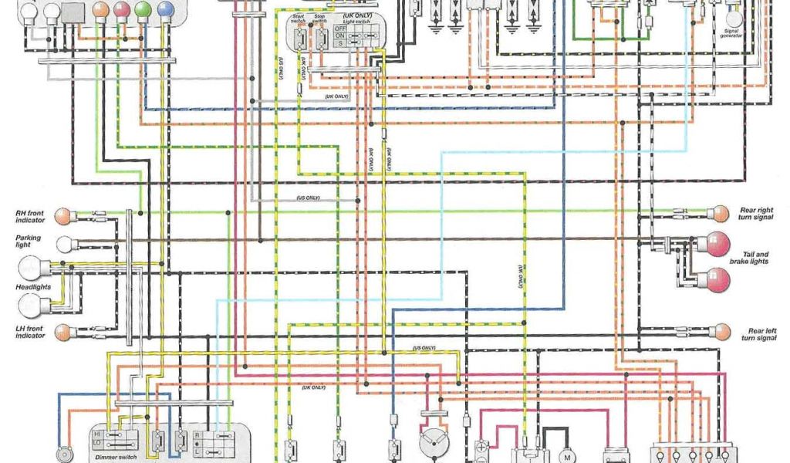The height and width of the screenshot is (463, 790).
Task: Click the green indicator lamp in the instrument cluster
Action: click(x=142, y=10)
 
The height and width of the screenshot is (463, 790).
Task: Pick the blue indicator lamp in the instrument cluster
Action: click(x=164, y=10)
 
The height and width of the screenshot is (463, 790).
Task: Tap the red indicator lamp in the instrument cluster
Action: click(x=120, y=10)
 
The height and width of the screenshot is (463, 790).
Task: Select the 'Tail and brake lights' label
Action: click(x=755, y=258)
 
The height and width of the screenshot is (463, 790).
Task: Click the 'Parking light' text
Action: click(x=29, y=242)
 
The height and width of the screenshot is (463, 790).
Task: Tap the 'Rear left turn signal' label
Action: click(x=758, y=334)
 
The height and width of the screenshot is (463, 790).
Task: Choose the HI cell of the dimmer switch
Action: click(x=99, y=434)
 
